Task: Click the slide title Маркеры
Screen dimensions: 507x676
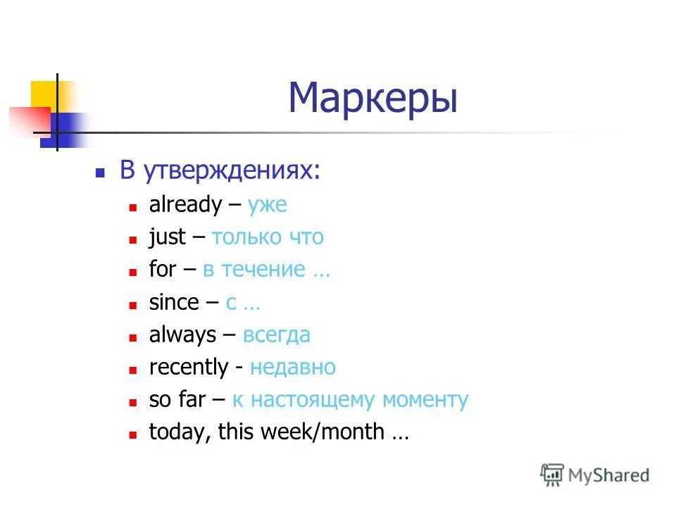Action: [373, 98]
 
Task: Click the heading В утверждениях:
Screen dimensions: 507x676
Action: [218, 171]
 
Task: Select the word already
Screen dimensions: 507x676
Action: [185, 205]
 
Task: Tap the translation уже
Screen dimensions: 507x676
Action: [267, 206]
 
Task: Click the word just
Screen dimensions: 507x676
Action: [168, 237]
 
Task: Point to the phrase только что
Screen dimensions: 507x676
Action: [268, 237]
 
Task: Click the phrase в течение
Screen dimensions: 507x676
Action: [254, 270]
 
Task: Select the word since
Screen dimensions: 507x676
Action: [174, 302]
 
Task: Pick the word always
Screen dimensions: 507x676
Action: [182, 334]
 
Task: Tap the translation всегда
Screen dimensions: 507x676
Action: [276, 334]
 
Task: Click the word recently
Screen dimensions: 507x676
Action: [189, 367]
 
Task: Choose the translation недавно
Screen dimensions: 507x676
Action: [293, 367]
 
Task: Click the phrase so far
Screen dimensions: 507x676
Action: [177, 399]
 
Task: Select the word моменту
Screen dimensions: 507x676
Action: [425, 400]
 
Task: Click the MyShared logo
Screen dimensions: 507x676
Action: [595, 475]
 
